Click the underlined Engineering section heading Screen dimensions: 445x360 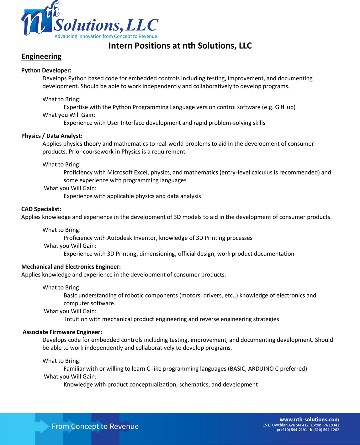[x=41, y=56]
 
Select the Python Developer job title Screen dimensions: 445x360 [x=46, y=71]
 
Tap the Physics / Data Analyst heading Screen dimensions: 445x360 [x=52, y=136]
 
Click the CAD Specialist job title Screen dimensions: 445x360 [x=41, y=209]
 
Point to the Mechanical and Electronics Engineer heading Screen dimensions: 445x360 [x=71, y=267]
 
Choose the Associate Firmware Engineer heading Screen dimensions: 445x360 [x=62, y=332]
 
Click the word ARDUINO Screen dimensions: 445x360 [x=261, y=369]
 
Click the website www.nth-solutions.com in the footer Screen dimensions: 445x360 [x=309, y=420]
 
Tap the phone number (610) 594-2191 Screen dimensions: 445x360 [x=294, y=430]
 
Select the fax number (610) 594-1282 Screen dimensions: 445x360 [x=326, y=430]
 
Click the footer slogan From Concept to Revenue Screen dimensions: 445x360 [x=95, y=426]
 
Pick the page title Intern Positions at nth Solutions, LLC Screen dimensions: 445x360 [x=180, y=46]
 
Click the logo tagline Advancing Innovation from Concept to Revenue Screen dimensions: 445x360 [x=106, y=36]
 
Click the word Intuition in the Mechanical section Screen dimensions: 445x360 [x=76, y=319]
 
